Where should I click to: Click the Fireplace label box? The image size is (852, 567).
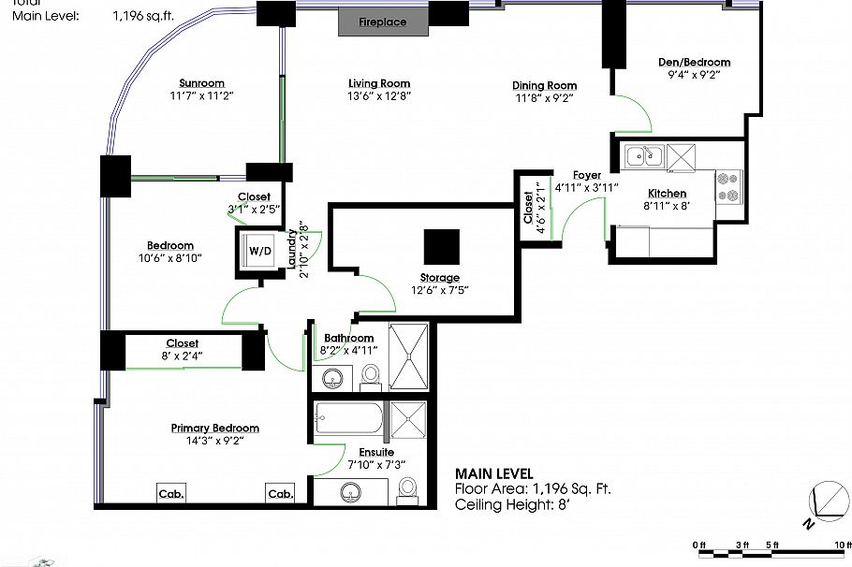click(383, 22)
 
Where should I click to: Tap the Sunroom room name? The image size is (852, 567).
click(202, 83)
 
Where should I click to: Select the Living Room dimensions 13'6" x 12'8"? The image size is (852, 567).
click(379, 95)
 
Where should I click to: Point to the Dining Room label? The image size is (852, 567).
click(544, 85)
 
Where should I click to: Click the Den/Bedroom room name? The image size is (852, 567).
click(694, 63)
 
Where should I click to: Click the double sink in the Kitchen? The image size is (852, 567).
click(644, 156)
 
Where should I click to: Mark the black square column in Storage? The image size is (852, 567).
click(441, 247)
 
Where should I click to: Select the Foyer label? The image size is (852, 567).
click(587, 175)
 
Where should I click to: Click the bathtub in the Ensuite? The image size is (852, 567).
click(348, 418)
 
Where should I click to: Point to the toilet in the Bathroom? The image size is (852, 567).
click(371, 374)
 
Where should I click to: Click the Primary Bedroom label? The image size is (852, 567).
click(214, 428)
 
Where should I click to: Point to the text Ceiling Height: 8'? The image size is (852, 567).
click(511, 504)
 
